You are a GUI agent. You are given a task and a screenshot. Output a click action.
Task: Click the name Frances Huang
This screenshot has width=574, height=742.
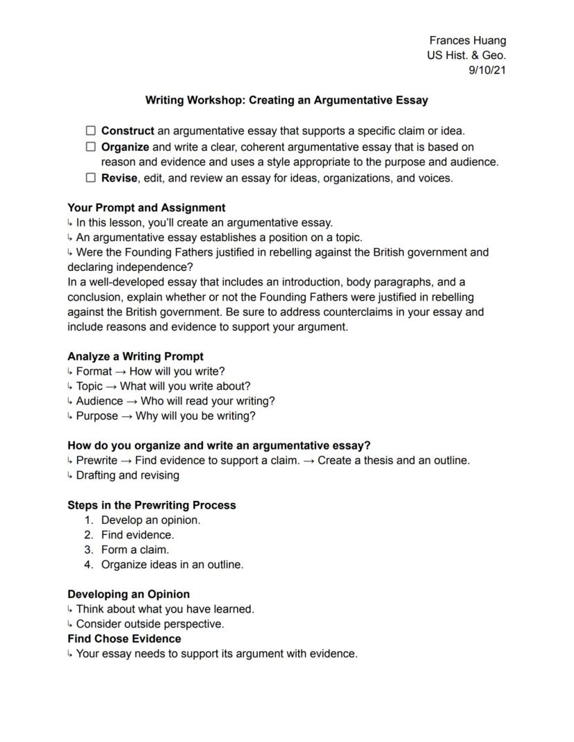tap(467, 41)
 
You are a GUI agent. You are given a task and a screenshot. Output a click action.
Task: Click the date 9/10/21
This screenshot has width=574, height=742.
tap(487, 71)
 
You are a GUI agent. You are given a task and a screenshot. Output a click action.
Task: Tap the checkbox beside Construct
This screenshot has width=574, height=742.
tap(90, 130)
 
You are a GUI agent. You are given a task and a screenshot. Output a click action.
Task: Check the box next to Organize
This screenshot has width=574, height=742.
tap(90, 147)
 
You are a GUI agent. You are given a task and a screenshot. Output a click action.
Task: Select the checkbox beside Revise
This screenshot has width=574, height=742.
tap(90, 178)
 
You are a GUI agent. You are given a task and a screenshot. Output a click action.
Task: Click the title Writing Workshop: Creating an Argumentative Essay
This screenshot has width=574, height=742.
tap(286, 100)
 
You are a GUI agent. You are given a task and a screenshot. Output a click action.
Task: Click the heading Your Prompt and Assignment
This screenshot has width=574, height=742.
tap(146, 207)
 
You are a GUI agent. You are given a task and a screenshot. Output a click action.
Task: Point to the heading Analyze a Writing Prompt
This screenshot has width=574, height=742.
tap(135, 356)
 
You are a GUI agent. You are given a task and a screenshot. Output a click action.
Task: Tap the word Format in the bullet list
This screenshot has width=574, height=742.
tap(94, 371)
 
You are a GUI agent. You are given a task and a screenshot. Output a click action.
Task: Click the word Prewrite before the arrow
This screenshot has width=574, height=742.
tap(96, 460)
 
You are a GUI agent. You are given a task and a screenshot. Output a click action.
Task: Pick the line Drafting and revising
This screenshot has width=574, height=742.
tap(128, 475)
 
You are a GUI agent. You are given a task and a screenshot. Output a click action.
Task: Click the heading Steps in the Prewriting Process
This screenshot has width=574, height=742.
tap(151, 505)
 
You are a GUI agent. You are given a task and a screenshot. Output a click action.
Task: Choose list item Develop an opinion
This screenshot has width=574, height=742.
tap(150, 520)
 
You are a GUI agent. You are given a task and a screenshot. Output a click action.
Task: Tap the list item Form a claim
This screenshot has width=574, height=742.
tap(135, 550)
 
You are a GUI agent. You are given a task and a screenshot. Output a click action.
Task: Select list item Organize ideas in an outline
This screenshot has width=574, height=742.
tap(172, 565)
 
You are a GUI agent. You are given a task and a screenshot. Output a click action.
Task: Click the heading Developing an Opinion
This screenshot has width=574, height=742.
tap(128, 594)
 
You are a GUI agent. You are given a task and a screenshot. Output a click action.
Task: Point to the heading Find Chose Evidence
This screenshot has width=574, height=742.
tap(124, 639)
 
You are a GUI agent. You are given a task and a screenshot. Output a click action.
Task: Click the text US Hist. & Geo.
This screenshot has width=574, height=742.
tap(466, 56)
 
